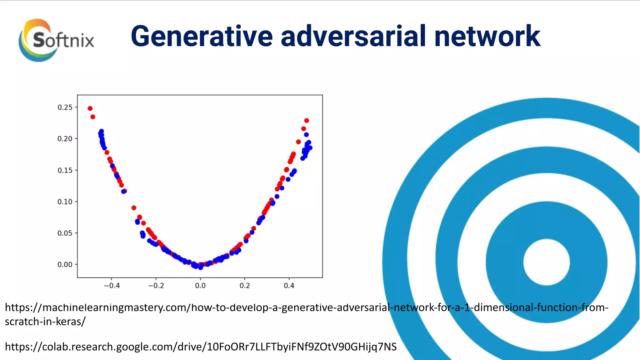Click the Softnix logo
56,40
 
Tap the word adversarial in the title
353,37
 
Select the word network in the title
487,37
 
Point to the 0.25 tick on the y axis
65,107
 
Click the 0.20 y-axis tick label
65,139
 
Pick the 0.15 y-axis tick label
65,170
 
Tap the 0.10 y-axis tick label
65,202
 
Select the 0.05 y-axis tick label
65,233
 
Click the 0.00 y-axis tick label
65,265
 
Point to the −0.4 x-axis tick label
112,286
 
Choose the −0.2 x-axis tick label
156,286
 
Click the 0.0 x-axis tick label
200,286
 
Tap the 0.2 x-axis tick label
245,286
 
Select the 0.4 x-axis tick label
289,286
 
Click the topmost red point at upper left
90,108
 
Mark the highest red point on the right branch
307,121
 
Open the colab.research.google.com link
201,347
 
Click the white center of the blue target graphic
547,262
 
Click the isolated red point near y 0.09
134,208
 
